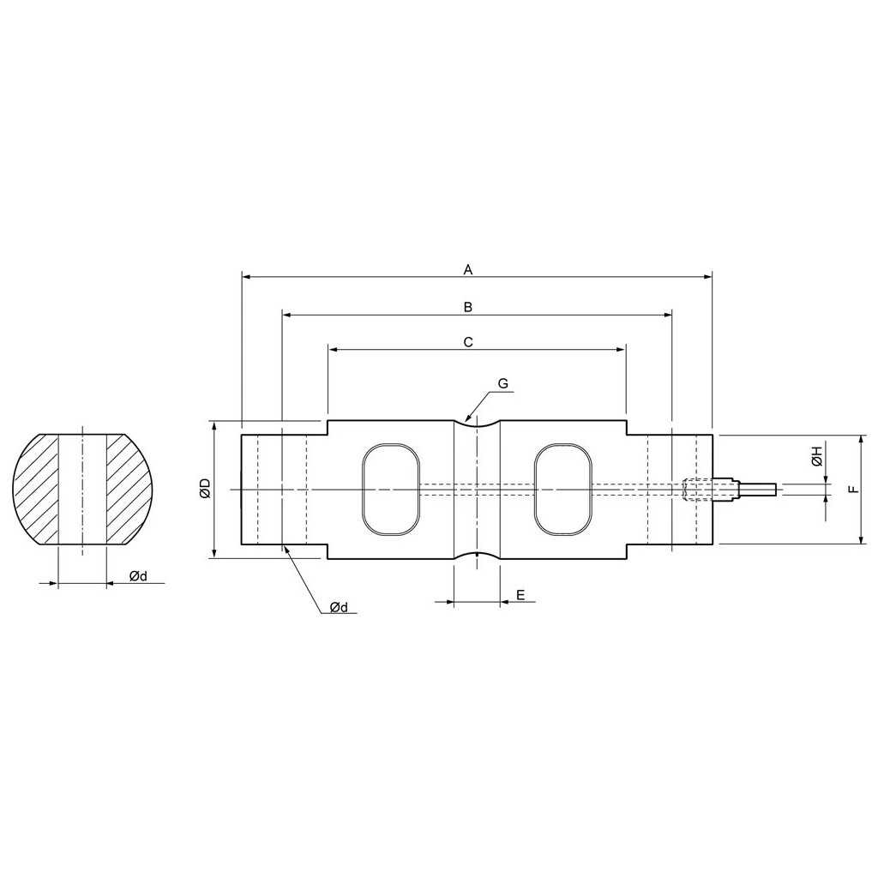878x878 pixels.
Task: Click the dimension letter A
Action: point(469,270)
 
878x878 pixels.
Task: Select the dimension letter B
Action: point(469,307)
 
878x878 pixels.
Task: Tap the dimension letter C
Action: point(469,341)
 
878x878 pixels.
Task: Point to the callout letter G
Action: point(502,383)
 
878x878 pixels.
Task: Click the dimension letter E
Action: point(520,595)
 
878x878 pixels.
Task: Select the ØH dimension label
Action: point(816,456)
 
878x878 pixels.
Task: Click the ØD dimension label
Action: point(204,489)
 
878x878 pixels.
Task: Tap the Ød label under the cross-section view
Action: point(138,576)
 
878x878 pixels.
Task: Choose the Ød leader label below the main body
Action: point(339,607)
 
